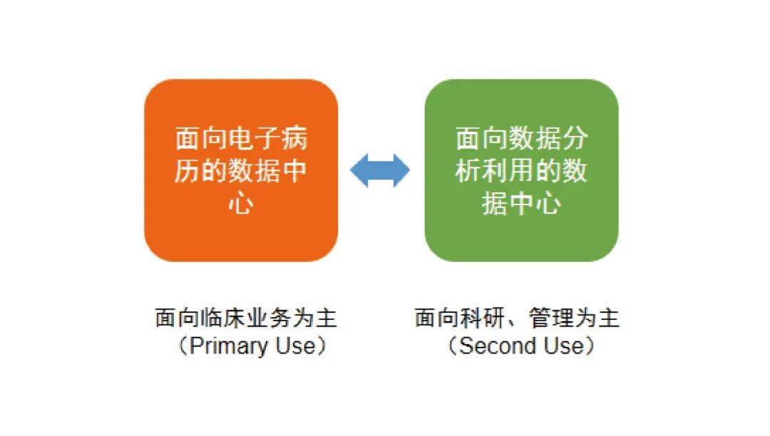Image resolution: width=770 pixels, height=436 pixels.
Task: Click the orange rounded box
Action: point(241,170)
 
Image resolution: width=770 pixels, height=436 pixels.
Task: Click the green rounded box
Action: point(521,170)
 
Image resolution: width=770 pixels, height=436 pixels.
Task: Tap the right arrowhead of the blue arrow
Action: point(402,170)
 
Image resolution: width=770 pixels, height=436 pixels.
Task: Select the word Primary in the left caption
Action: point(228,346)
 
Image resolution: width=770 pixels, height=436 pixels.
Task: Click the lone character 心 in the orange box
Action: point(241,202)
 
